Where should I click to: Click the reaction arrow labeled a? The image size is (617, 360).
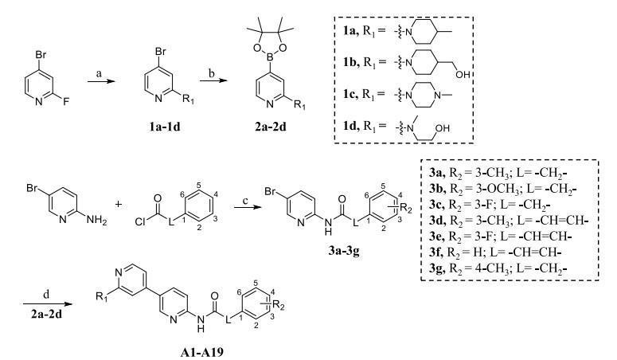point(101,81)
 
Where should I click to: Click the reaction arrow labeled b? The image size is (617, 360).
point(213,80)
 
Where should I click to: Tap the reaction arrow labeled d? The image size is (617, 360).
point(48,303)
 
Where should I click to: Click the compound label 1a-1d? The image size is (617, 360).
point(165,127)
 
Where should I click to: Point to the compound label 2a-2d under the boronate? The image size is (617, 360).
point(270,127)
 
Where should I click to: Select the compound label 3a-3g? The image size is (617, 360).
point(344,251)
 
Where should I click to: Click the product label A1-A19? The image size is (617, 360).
point(201,351)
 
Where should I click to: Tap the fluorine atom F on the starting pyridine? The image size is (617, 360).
point(66,102)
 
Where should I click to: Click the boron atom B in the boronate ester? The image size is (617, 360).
point(270,57)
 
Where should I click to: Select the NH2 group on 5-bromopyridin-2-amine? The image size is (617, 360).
point(97,220)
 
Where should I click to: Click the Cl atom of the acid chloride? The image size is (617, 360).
point(140,222)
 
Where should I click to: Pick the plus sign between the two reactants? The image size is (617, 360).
point(118,204)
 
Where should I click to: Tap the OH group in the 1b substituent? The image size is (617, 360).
point(463,74)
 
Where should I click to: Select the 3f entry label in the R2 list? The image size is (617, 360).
point(437,252)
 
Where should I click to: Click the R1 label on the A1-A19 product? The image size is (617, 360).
point(102,296)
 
